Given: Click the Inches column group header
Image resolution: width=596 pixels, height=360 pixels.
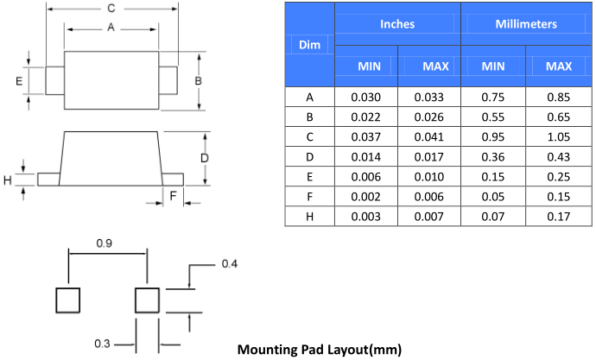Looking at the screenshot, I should pyautogui.click(x=397, y=24).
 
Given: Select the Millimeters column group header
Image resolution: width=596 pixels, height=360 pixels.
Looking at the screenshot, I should pyautogui.click(x=526, y=24).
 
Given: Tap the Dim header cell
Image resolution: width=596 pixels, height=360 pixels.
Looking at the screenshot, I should pyautogui.click(x=308, y=44).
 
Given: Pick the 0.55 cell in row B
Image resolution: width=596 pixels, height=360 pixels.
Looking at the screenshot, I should pyautogui.click(x=493, y=117).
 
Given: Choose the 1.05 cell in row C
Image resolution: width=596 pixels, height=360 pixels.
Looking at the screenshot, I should pyautogui.click(x=559, y=136).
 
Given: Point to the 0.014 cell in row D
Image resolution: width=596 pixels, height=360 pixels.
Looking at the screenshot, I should pyautogui.click(x=365, y=156).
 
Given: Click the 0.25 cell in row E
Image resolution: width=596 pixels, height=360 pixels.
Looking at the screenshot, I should pyautogui.click(x=559, y=176).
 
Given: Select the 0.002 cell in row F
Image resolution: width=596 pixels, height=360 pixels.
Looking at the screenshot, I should pyautogui.click(x=365, y=196).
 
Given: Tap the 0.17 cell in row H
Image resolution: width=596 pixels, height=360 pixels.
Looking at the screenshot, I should pyautogui.click(x=559, y=216).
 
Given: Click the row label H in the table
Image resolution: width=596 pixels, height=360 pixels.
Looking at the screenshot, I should pyautogui.click(x=309, y=216).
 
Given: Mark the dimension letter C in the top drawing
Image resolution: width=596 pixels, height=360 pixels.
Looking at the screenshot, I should pyautogui.click(x=111, y=8).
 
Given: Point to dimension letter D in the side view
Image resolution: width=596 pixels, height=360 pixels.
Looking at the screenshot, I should pyautogui.click(x=205, y=158).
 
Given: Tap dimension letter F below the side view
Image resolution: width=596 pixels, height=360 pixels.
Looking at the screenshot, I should pyautogui.click(x=173, y=196).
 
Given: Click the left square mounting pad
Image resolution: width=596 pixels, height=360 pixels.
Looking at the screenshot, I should pyautogui.click(x=68, y=300).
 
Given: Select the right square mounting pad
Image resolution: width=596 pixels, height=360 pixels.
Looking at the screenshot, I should pyautogui.click(x=148, y=300).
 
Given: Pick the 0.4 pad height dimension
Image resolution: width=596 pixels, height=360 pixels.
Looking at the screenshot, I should pyautogui.click(x=230, y=262).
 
